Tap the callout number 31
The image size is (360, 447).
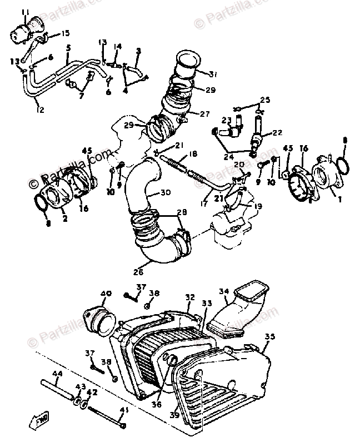point(214,74)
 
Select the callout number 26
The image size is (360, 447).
point(137,272)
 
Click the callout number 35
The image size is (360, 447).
point(269,336)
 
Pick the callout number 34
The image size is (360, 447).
point(224,291)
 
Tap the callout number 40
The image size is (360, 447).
point(106,293)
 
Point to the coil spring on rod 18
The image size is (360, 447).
point(177,165)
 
